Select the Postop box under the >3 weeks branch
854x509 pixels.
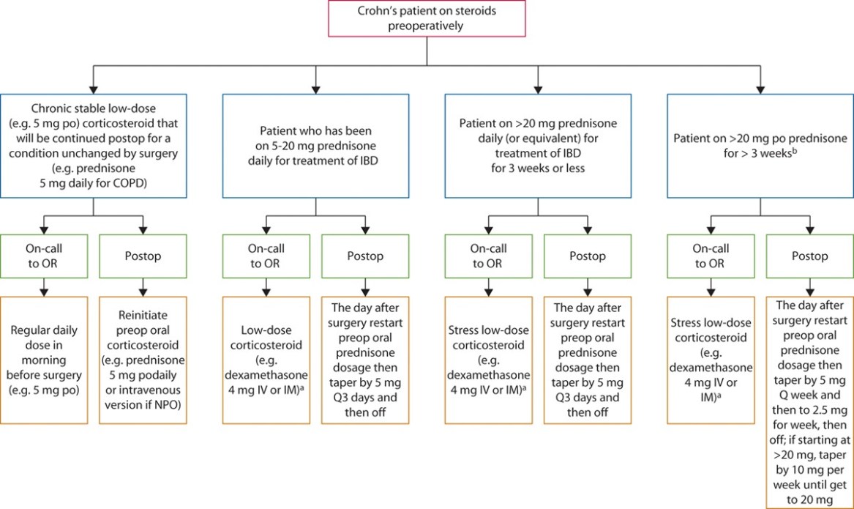click(x=809, y=256)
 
